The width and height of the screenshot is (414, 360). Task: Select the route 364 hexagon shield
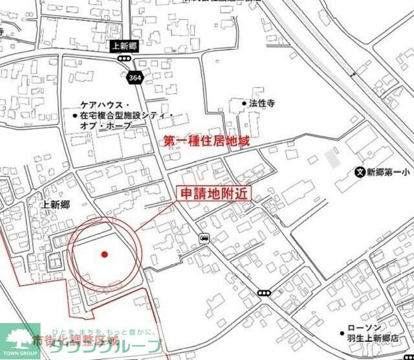coord(135,77)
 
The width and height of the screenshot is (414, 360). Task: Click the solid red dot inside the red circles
coord(104,254)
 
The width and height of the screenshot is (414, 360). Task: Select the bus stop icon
coord(204,238)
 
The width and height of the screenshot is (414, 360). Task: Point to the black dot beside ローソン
coord(342,328)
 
